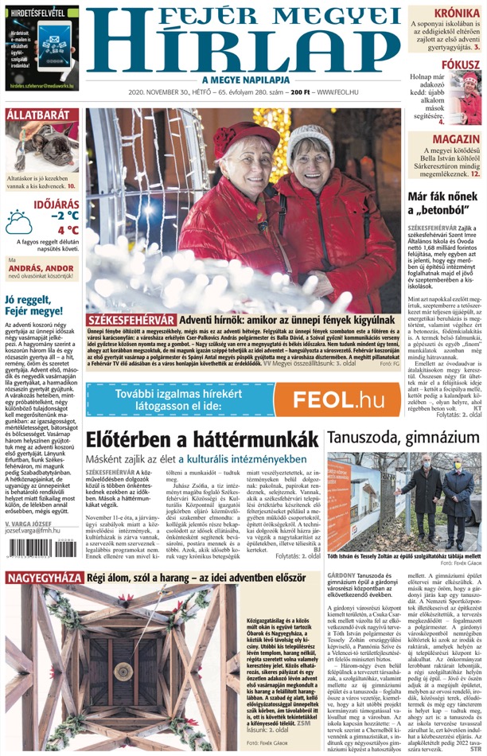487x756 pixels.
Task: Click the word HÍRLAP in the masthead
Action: (x=242, y=48)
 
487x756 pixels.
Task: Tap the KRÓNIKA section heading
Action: (x=457, y=13)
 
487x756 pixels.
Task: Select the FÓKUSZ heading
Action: (x=461, y=64)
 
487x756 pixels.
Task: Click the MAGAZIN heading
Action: (x=457, y=138)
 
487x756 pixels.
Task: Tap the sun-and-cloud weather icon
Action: (x=19, y=222)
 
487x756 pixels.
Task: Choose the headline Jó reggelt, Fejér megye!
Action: (x=34, y=305)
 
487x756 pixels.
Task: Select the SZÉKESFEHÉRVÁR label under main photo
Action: (x=132, y=319)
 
